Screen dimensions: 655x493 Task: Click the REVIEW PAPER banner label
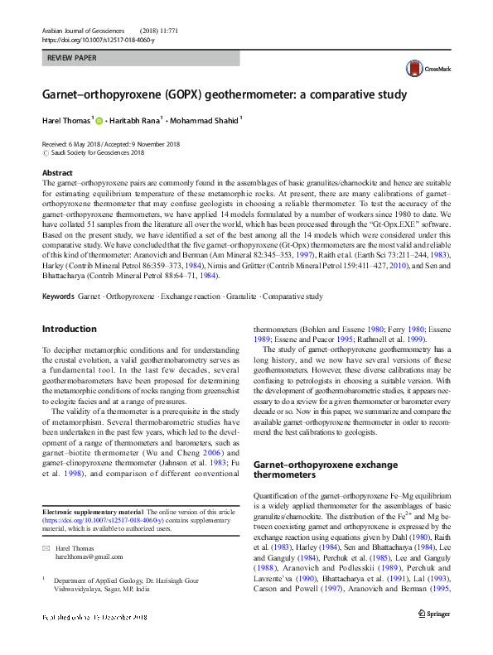pyautogui.click(x=71, y=58)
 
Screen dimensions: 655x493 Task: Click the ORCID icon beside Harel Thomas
pyautogui.click(x=100, y=122)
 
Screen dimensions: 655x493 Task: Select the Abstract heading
pyautogui.click(x=57, y=173)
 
